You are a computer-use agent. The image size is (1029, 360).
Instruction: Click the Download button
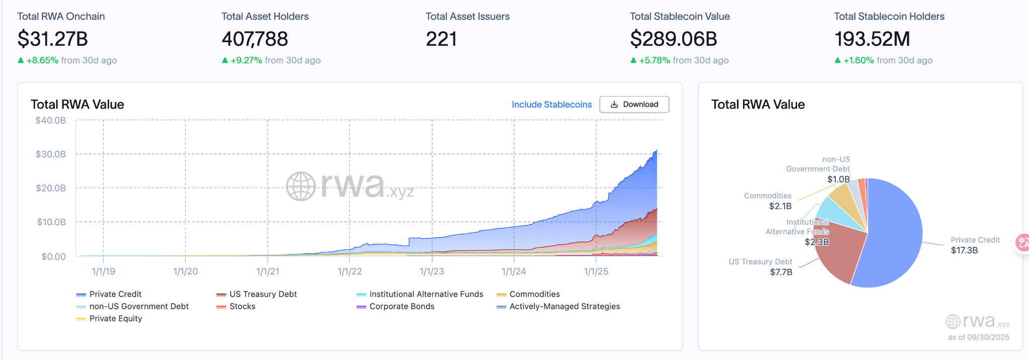(x=634, y=105)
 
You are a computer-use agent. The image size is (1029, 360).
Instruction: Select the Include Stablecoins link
(x=551, y=105)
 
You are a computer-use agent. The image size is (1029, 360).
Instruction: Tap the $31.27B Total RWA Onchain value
(x=53, y=39)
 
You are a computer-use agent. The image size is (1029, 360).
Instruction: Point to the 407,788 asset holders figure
(x=255, y=39)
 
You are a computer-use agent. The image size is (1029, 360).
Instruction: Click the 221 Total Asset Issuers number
(x=441, y=39)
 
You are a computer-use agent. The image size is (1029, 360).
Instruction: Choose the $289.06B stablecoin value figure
(x=674, y=39)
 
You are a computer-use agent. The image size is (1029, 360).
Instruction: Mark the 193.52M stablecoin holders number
(x=872, y=39)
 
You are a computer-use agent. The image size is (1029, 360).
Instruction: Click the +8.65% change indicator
(x=42, y=60)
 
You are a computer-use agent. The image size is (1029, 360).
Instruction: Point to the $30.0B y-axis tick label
(x=51, y=154)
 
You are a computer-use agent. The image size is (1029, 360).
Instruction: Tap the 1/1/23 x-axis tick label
(x=432, y=272)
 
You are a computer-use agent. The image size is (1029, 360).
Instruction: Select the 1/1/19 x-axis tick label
(x=104, y=272)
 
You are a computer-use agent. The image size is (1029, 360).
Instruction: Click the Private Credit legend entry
(x=115, y=294)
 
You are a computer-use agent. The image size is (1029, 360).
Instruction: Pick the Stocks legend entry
(x=242, y=306)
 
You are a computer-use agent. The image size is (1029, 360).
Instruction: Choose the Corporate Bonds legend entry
(x=402, y=306)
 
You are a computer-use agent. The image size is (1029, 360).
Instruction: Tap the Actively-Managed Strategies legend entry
(x=565, y=306)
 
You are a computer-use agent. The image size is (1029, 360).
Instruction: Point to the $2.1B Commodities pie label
(x=780, y=206)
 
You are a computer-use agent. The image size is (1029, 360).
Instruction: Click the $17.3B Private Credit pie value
(x=964, y=250)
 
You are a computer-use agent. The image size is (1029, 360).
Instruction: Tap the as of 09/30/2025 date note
(x=978, y=337)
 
